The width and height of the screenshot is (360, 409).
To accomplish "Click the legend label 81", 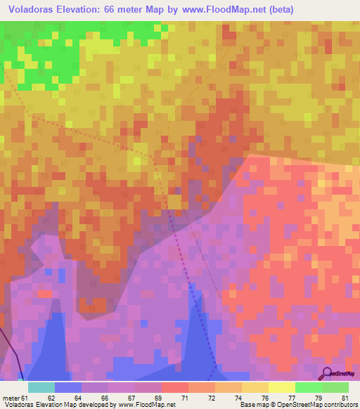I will tap(344, 398).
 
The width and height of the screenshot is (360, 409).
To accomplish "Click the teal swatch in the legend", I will tap(41, 387).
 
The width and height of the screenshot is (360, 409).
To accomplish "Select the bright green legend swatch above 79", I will tap(308, 387).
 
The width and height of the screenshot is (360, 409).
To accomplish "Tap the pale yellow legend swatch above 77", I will tap(281, 387).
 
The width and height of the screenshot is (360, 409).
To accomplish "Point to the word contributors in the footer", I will tap(335, 405).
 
